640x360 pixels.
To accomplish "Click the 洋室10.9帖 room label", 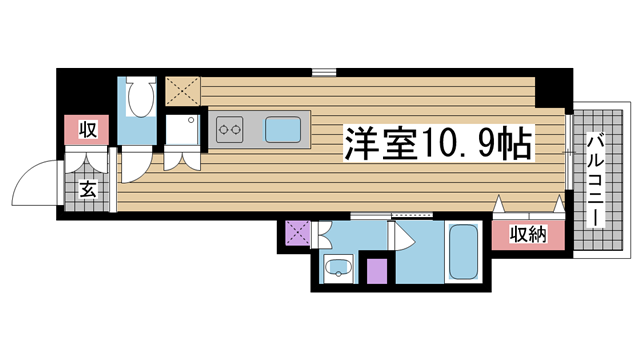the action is point(439,143).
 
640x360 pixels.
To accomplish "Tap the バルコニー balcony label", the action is point(596,180).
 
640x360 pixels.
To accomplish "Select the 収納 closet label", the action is point(528,234).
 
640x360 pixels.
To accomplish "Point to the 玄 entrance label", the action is point(87,189).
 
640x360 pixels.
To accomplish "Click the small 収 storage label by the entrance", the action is point(87,130).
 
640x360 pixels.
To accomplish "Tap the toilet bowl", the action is point(141,98).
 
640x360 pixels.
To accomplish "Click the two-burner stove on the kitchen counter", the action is point(229,130).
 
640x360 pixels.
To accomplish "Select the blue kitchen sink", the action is point(283,130).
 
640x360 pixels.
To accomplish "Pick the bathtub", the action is point(463,251).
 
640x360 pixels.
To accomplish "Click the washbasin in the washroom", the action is point(338,267).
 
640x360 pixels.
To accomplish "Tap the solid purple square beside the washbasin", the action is point(377,271).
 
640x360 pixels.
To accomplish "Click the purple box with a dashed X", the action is point(298,233).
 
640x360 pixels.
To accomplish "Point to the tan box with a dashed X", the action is point(183,91).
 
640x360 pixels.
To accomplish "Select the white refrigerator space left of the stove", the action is point(182,130).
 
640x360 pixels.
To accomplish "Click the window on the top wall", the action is point(324,73).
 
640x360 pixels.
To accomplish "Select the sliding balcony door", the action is point(569,152).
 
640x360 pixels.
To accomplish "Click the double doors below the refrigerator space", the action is point(182,158).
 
